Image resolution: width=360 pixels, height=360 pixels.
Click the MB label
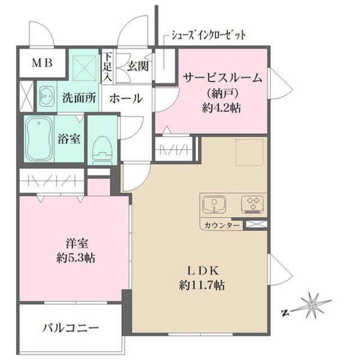42,62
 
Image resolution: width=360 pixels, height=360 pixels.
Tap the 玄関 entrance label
137,66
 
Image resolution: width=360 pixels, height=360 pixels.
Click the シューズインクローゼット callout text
205,35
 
